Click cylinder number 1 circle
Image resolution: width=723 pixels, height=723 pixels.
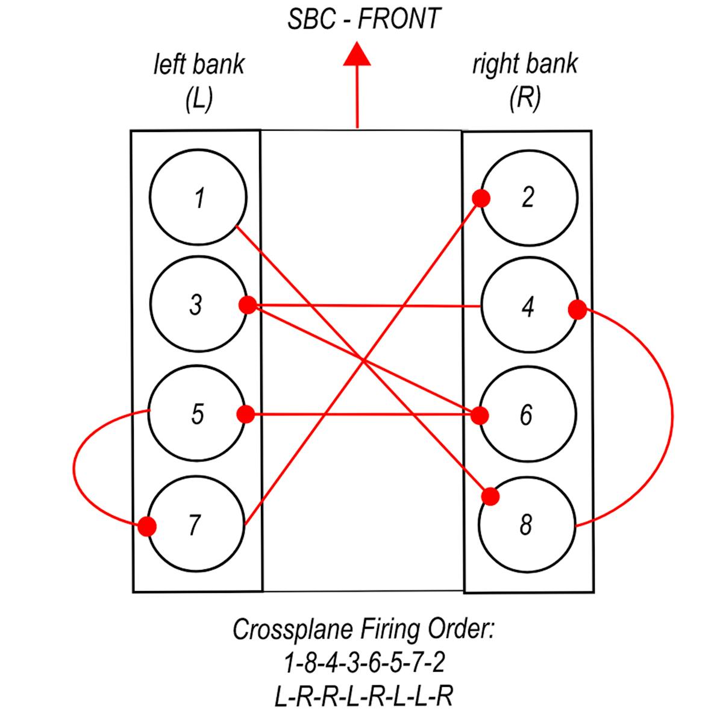[x=198, y=197]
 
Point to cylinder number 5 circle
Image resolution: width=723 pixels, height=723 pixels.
[x=197, y=414]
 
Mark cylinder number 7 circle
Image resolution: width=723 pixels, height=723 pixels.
[x=196, y=524]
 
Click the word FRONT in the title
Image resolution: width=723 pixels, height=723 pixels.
[x=399, y=19]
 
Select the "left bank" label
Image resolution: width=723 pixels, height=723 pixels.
[x=199, y=64]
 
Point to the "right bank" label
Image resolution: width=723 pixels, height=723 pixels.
[x=525, y=64]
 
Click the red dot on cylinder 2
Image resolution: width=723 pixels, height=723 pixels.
[x=481, y=198]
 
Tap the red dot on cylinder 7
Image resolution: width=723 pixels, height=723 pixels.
[x=146, y=527]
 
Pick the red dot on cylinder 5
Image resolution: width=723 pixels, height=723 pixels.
[x=246, y=415]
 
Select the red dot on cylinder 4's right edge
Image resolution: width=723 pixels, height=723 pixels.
[x=577, y=310]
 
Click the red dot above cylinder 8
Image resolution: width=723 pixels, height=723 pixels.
[x=490, y=496]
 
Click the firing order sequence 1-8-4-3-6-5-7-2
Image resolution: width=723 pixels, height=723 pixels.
[x=365, y=663]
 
